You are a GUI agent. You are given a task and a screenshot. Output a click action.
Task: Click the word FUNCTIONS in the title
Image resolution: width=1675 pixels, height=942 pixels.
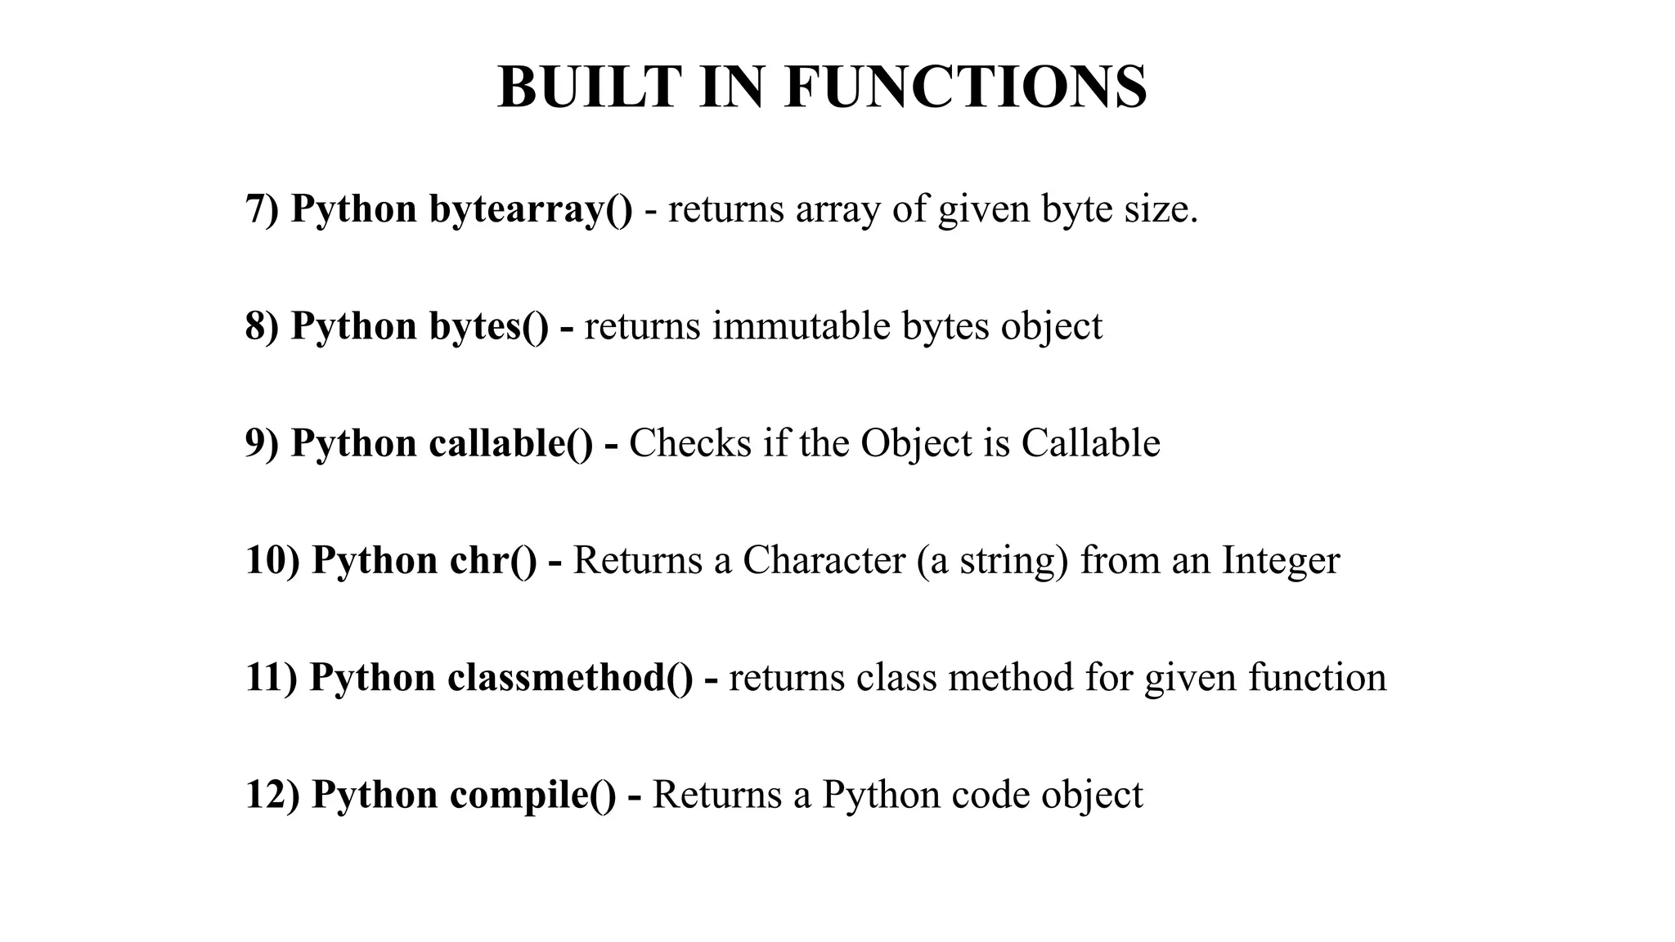pyautogui.click(x=965, y=87)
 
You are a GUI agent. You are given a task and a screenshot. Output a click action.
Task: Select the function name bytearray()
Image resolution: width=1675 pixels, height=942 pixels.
pyautogui.click(x=530, y=209)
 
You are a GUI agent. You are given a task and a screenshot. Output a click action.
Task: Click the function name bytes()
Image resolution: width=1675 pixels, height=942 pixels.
pyautogui.click(x=489, y=326)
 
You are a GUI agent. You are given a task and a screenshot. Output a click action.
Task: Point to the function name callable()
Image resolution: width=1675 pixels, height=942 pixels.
pyautogui.click(x=510, y=443)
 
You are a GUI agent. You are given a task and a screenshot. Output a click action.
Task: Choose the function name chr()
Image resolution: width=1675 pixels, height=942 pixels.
pyautogui.click(x=493, y=561)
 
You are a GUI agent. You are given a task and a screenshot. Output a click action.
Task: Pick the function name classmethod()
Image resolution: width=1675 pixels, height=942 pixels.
pyautogui.click(x=570, y=678)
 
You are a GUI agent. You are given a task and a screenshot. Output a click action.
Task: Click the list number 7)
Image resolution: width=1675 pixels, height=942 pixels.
pyautogui.click(x=262, y=209)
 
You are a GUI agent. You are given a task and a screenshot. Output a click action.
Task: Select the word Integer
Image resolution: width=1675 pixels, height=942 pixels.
pyautogui.click(x=1281, y=561)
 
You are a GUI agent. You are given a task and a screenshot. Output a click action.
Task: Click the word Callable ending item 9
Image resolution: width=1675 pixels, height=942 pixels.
pyautogui.click(x=1090, y=443)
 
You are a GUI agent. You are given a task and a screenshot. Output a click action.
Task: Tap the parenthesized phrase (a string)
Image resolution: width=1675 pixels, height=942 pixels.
pyautogui.click(x=992, y=561)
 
